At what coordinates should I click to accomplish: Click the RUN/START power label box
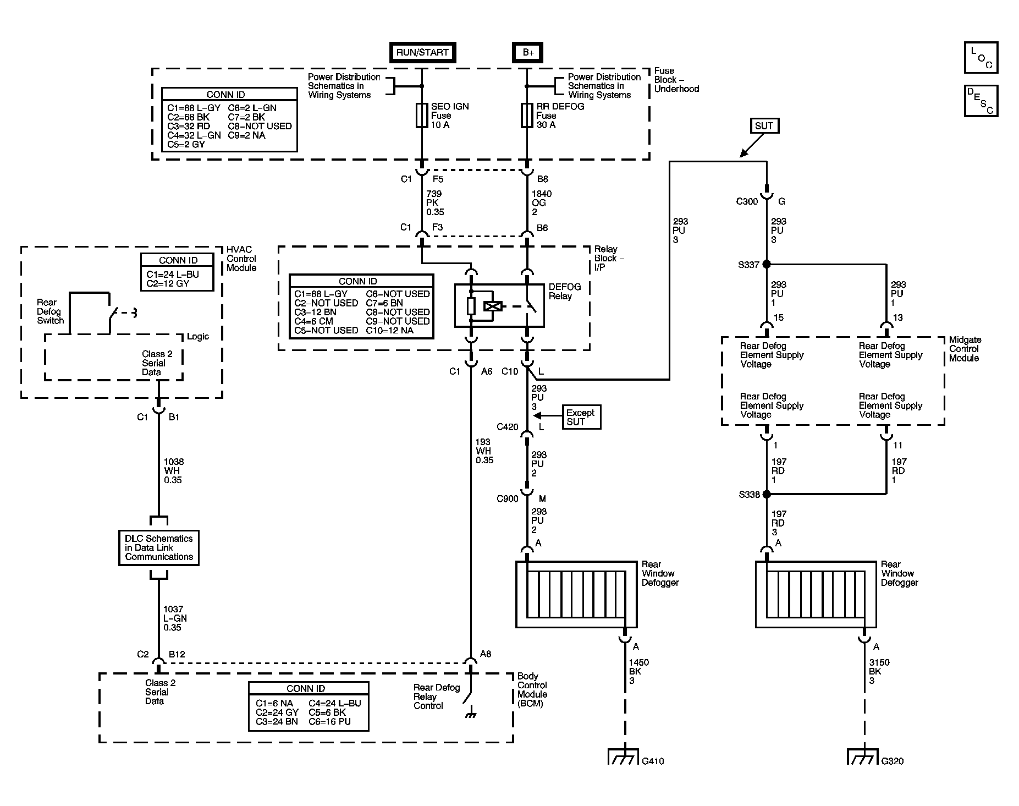tap(422, 52)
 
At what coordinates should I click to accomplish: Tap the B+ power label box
tap(528, 52)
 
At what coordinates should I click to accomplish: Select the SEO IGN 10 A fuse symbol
tap(422, 116)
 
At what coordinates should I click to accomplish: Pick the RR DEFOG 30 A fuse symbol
tap(527, 116)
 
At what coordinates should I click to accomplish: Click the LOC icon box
tap(981, 58)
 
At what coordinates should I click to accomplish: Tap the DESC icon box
tap(981, 101)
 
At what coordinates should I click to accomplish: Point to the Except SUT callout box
tap(581, 417)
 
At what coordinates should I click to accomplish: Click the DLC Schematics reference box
tap(158, 547)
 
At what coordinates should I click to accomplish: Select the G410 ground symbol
tap(624, 756)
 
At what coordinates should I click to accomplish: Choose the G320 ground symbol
tap(863, 756)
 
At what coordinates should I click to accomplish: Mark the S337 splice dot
tap(766, 265)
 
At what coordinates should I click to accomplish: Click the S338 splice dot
tap(766, 495)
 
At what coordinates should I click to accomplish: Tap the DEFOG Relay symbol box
tap(499, 305)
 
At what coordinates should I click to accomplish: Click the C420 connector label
tap(507, 427)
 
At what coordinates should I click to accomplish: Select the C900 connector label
tap(507, 499)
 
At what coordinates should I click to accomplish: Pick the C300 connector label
tap(747, 201)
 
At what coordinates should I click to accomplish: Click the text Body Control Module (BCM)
tap(532, 690)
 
